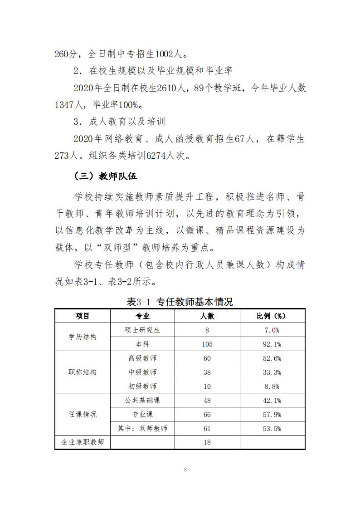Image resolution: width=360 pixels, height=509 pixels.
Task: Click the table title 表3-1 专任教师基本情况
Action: coord(180,302)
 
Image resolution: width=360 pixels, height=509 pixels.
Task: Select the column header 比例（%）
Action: coord(272,316)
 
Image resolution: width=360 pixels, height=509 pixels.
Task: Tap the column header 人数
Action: coord(207,316)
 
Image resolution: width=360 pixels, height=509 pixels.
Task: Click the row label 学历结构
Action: coord(83,337)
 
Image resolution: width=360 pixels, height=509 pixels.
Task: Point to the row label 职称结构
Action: coord(83,372)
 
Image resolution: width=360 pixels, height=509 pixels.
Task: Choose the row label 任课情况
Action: coord(83,414)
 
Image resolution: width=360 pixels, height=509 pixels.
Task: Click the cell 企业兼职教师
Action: coord(83,442)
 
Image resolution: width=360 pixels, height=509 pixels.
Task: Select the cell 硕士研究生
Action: coord(142,330)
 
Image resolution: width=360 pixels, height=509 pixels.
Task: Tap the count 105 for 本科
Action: coord(207,344)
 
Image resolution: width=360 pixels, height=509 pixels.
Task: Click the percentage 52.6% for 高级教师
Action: coord(272,358)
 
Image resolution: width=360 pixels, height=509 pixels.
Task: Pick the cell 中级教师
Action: coord(142,372)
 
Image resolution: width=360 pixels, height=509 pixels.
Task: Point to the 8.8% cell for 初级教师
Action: coord(272,387)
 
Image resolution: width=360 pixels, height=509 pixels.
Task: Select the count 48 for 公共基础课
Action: coord(207,400)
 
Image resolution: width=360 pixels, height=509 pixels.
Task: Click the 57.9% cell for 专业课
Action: coord(272,414)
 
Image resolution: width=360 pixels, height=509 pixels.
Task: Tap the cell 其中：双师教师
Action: coord(142,428)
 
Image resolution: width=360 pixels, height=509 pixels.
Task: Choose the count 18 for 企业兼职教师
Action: coord(207,442)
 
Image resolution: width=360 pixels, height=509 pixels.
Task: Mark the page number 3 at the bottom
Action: coord(185,470)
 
